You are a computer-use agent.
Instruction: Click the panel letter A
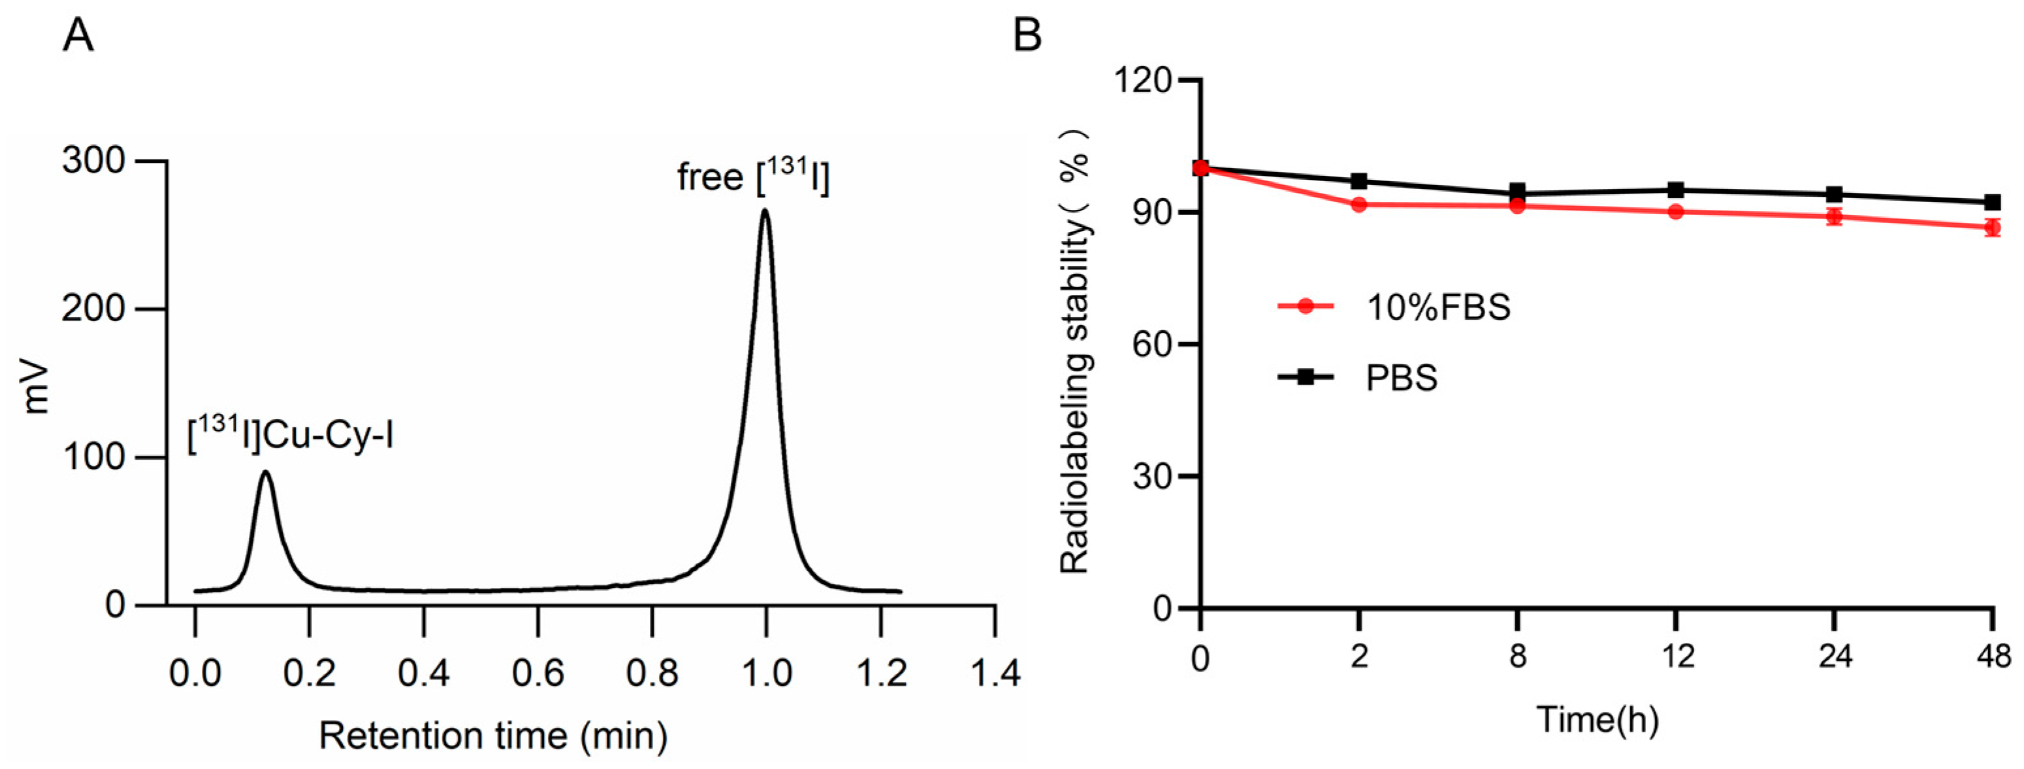click(78, 35)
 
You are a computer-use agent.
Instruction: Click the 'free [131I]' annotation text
click(753, 176)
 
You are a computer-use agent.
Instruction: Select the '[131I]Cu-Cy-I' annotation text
click(290, 435)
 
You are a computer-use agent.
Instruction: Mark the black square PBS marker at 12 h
click(1675, 190)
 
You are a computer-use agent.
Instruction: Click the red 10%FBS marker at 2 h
click(1359, 205)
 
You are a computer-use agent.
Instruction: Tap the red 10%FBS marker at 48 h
click(1992, 228)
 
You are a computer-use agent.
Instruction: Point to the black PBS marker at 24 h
click(1834, 194)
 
